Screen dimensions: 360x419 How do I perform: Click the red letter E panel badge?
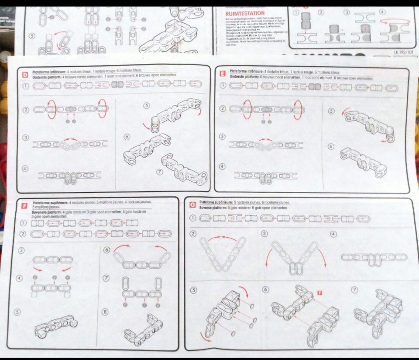click(x=222, y=74)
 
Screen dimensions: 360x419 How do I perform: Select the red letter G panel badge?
click(x=192, y=204)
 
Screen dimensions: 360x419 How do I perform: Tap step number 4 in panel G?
click(x=334, y=234)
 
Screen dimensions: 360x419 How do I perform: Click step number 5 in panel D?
click(x=146, y=105)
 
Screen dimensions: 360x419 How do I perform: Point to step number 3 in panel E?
click(x=223, y=137)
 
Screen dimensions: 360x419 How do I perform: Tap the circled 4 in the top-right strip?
click(x=382, y=12)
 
